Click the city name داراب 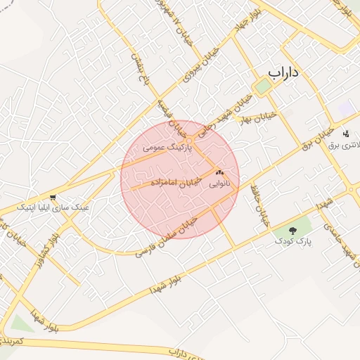click(287, 73)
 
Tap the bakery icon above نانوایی click(219, 172)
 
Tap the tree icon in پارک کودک click(293, 230)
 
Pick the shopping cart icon click(53, 197)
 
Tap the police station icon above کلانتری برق click(345, 134)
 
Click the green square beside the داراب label click(263, 86)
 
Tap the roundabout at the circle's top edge click(190, 127)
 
